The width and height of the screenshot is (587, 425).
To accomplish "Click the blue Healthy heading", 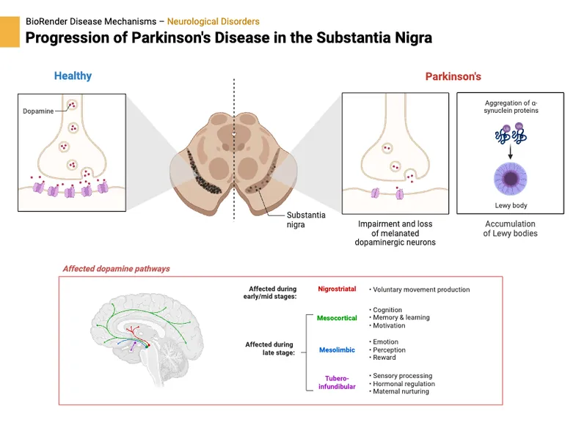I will (73, 75).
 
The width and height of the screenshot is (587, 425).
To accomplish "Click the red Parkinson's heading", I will (453, 76).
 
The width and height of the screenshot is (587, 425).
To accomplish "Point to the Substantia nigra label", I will (306, 220).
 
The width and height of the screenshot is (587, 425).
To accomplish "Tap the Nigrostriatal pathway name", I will (337, 289).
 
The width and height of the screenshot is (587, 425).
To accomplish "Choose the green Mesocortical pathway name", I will (337, 318).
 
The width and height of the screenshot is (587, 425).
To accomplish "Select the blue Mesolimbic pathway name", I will (337, 350).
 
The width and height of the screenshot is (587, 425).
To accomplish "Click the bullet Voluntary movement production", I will (420, 289).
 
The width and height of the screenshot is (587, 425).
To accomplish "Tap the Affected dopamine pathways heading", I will (116, 269).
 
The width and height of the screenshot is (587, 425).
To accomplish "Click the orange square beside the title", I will (10, 32).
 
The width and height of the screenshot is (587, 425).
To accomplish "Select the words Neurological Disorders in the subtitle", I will (213, 22).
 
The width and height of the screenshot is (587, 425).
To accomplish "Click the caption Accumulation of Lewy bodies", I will (510, 229).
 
